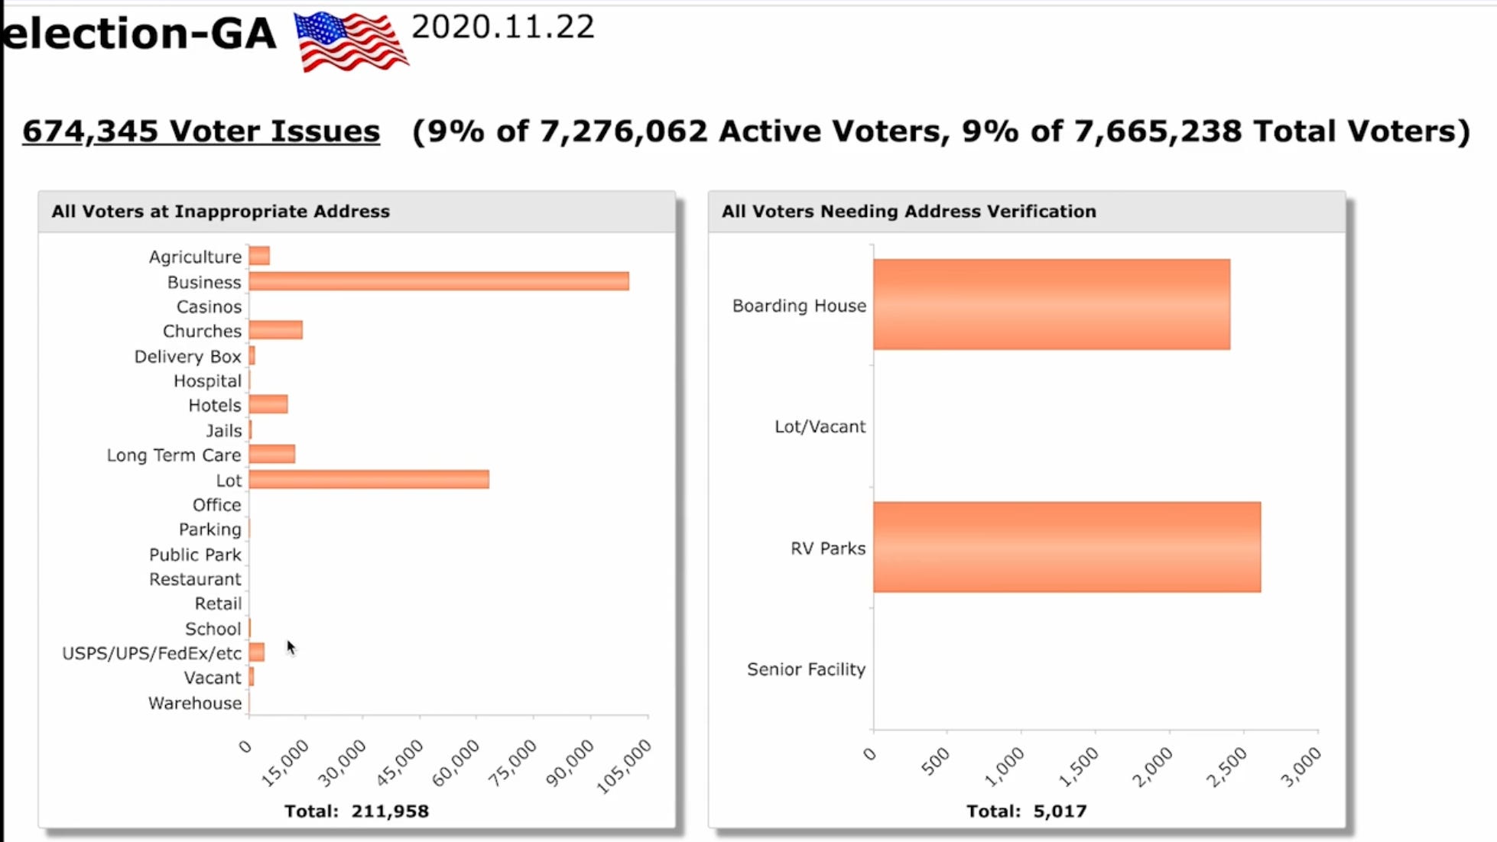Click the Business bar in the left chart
438,281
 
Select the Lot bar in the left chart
369,479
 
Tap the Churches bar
275,330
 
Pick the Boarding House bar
1051,304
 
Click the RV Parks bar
1067,547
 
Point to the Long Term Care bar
271,455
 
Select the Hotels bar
268,404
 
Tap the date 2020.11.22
502,28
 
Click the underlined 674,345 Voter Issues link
200,131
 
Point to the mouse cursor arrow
291,647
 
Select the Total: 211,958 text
356,811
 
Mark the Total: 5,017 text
1026,811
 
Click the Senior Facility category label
806,669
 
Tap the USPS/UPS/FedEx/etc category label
151,653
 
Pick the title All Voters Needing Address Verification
908,212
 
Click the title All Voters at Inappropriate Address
220,212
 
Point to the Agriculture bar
259,256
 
